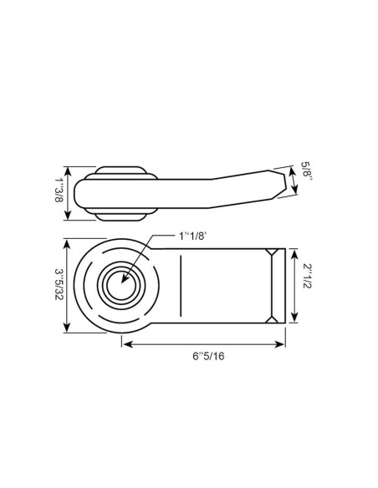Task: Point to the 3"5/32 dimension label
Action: (59, 287)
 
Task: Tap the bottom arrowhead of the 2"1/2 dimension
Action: (294, 320)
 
